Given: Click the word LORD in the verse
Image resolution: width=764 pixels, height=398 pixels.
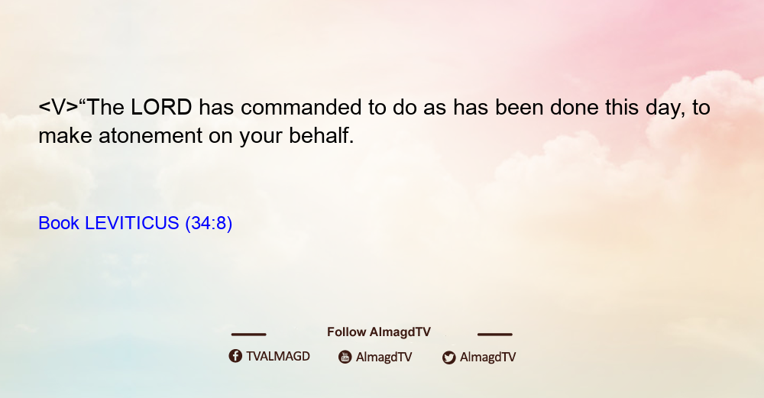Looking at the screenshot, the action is [x=161, y=107].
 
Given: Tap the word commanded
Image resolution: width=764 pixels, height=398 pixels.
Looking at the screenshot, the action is [x=300, y=107].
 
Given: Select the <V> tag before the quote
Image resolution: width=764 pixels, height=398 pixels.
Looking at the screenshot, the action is [x=58, y=107].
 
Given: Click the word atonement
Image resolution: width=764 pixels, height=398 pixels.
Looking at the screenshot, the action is [x=150, y=136].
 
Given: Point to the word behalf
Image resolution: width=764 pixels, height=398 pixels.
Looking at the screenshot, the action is [x=321, y=135].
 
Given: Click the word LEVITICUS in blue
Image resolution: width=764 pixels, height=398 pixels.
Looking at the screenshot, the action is [x=131, y=223].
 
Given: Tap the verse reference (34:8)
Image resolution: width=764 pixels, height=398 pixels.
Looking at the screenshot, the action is [x=209, y=223].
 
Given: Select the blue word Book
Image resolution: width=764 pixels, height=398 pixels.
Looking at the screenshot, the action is [x=59, y=223].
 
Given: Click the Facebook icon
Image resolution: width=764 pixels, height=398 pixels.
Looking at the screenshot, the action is [x=235, y=356].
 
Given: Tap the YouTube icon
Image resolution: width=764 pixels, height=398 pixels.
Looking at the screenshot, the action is [x=345, y=357].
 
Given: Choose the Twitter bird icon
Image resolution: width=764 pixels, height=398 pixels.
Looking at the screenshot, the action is [x=448, y=358].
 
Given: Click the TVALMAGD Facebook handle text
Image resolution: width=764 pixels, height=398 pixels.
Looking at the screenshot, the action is [x=278, y=356].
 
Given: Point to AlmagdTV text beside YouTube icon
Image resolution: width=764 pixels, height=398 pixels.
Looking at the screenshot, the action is [x=384, y=357].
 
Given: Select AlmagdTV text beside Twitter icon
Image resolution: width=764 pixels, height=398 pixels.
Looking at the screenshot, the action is [x=487, y=357].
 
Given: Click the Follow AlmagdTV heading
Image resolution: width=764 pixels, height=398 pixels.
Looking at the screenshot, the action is [x=379, y=332].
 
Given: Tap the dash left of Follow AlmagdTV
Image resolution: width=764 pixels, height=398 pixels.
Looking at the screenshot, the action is [x=248, y=334].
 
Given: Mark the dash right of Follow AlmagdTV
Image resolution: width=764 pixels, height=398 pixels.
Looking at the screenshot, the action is [x=495, y=334].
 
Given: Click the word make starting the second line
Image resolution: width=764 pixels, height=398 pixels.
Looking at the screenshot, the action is [x=65, y=135].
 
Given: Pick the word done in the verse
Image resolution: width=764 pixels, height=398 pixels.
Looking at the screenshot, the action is [x=575, y=107].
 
